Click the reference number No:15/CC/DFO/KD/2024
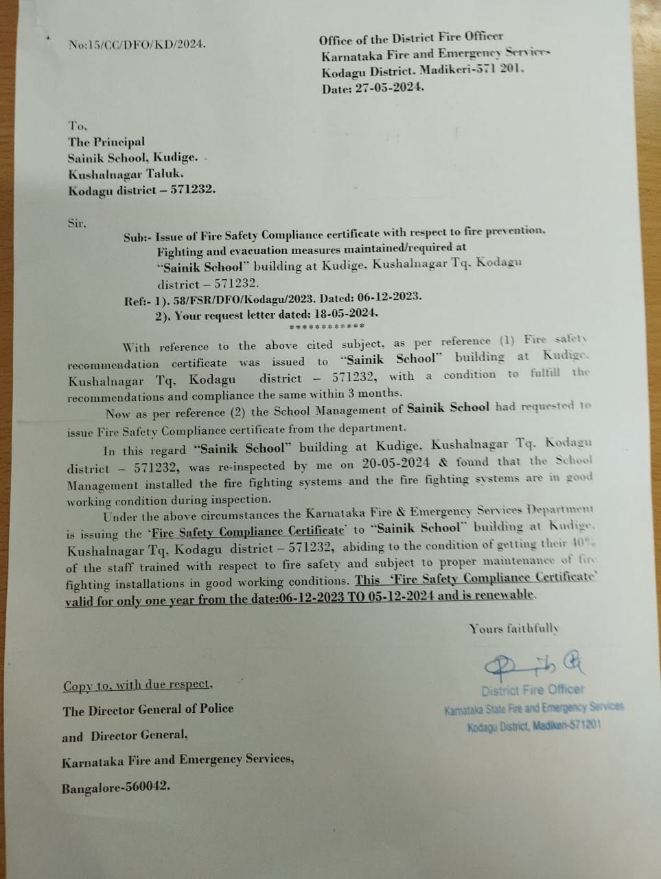[137, 45]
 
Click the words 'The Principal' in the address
[106, 141]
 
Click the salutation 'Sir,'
[77, 224]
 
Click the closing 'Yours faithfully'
[514, 628]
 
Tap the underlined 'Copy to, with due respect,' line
[138, 685]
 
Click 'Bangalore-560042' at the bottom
[116, 787]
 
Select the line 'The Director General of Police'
[148, 709]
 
